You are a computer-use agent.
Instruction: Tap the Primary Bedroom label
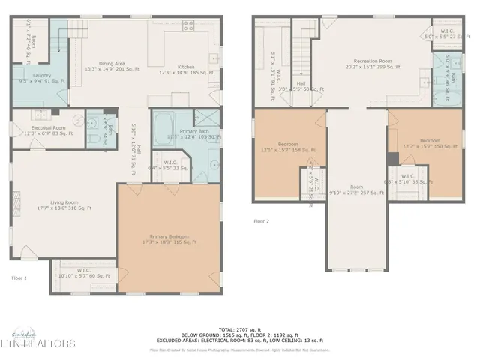coord(169,238)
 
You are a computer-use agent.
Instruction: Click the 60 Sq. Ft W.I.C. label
coord(85,274)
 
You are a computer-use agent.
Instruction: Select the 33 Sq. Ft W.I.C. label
coord(170,168)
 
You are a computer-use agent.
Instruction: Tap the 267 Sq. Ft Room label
coord(357,190)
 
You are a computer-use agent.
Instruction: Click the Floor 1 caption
coord(19,279)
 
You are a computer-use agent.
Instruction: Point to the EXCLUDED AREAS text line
coord(240,340)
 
